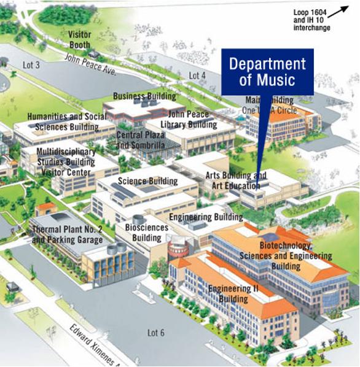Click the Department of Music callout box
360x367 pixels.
[x=267, y=72]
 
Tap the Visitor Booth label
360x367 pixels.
[x=80, y=40]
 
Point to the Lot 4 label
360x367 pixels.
[x=197, y=75]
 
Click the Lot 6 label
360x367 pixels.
[x=156, y=333]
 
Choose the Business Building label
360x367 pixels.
[x=145, y=96]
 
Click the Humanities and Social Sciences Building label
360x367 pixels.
[x=63, y=122]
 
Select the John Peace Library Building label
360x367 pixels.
[x=192, y=119]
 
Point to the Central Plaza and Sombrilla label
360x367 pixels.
[x=141, y=139]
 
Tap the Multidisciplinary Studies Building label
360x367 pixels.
[x=66, y=156]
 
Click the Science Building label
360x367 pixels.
[x=147, y=181]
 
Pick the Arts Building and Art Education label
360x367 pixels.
[x=237, y=181]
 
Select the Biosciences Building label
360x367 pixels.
[x=147, y=233]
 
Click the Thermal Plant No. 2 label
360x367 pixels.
[x=68, y=235]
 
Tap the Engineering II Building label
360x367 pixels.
[x=228, y=293]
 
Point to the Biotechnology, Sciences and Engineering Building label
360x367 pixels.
[x=277, y=256]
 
